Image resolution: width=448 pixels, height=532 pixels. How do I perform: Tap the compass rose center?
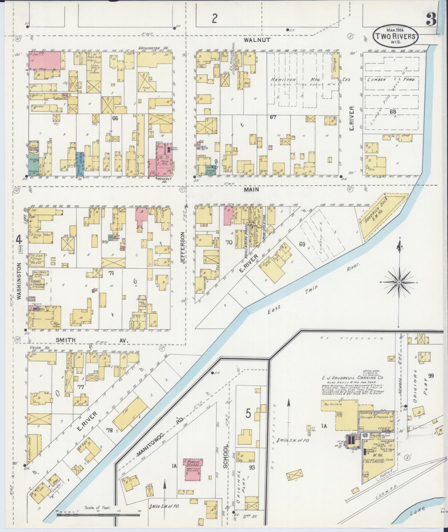[x=399, y=283]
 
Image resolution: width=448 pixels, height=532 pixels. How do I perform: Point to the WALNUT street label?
[x=253, y=40]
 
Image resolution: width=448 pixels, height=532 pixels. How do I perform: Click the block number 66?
[x=115, y=118]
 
